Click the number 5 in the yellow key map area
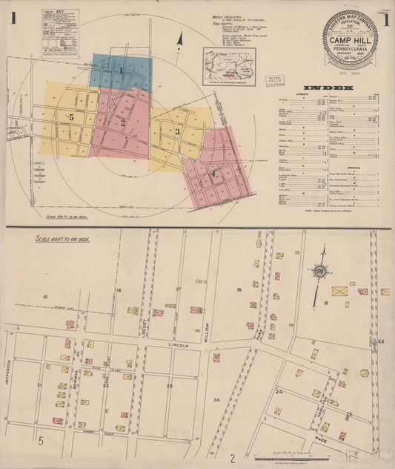pos(70,118)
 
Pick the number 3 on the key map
pos(178,131)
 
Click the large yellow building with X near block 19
pos(340,292)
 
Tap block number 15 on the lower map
pos(45,297)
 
